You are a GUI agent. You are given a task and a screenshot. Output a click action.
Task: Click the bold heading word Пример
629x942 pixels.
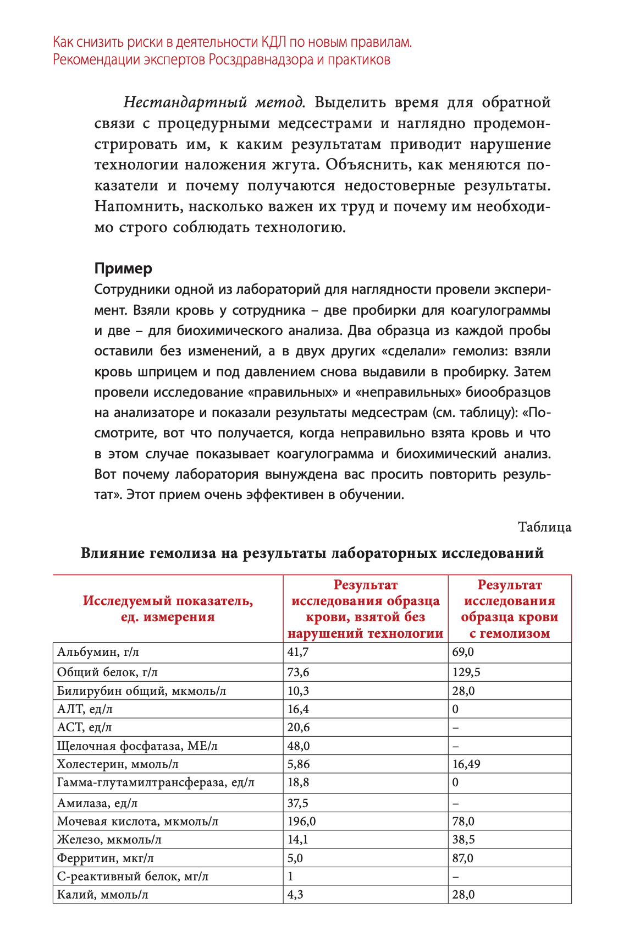[x=123, y=269]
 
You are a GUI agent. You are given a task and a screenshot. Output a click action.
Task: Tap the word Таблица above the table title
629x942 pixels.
[x=544, y=527]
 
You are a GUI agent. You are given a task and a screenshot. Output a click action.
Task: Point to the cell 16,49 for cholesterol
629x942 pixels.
[x=466, y=764]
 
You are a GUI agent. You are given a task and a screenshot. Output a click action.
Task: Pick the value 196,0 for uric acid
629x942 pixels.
[x=302, y=821]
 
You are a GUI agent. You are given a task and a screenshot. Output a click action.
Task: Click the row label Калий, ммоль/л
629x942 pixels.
[x=103, y=895]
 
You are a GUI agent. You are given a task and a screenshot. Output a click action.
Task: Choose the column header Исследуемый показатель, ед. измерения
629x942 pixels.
[x=168, y=609]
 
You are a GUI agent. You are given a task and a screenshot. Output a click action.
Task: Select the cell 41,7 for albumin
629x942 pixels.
[x=298, y=653]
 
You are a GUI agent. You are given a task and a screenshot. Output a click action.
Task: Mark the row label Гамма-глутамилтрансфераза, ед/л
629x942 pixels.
[x=156, y=782]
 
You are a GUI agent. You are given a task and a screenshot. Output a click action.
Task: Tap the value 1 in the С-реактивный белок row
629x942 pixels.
[x=290, y=876]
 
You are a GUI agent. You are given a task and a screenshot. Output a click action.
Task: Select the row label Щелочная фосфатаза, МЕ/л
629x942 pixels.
[x=137, y=746]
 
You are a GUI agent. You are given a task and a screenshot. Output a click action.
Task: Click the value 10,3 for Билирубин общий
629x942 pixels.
[x=299, y=691]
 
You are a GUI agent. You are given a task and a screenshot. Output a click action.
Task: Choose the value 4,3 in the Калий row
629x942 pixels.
[x=295, y=895]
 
